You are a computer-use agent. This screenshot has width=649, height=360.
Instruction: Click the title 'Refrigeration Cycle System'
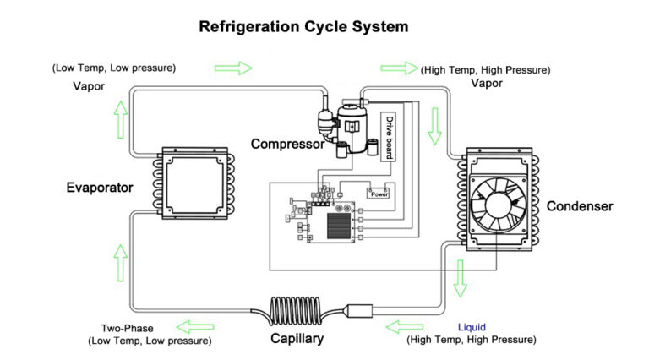303,26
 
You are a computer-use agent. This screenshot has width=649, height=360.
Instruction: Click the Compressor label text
287,145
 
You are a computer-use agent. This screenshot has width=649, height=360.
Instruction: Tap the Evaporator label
99,188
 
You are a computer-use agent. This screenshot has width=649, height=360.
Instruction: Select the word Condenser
580,205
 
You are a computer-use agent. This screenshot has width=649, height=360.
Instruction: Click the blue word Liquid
472,326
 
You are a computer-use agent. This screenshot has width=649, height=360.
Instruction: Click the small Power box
379,193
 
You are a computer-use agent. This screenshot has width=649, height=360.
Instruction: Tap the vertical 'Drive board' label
390,138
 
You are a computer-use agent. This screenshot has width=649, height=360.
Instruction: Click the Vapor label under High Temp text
487,84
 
